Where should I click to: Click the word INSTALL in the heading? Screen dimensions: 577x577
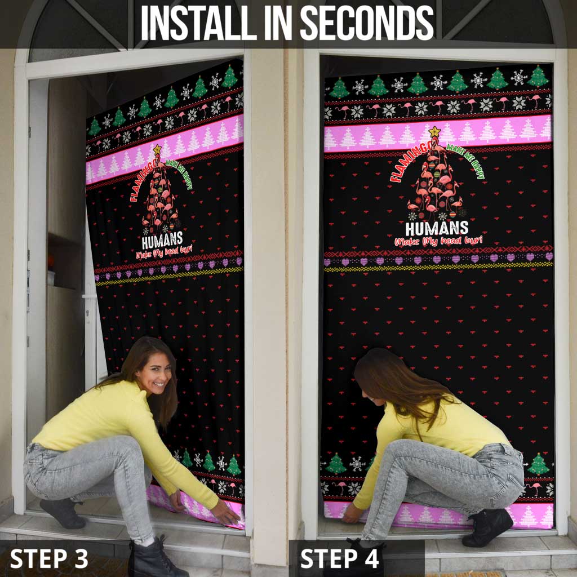[186, 24]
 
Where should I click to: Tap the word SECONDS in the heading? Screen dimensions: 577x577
[366, 24]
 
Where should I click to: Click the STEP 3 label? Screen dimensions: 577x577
[49, 558]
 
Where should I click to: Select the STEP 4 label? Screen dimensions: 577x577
[340, 558]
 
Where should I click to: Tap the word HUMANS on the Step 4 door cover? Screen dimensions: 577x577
[437, 229]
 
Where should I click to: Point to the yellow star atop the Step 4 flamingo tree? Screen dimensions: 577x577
[434, 133]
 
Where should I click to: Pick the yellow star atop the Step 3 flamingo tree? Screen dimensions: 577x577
[157, 150]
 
